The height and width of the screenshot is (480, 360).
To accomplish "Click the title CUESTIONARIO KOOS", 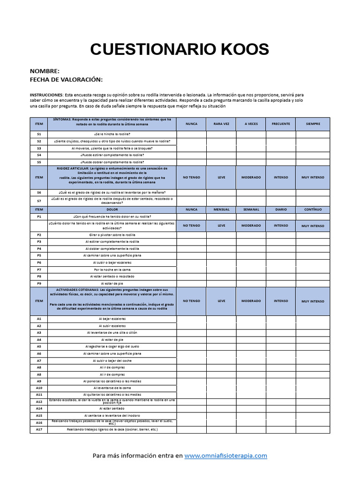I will pos(180,49).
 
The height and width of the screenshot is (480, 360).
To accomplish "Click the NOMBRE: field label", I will pos(45,71).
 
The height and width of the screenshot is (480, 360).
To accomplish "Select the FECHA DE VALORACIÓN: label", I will pos(66,80).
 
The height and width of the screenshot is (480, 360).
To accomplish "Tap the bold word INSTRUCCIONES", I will pos(46,95).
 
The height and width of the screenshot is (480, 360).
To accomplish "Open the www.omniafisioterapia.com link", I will pos(225,455).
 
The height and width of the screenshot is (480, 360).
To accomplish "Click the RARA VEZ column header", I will pos(221,124).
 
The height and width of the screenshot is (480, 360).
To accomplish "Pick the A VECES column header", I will pos(251,124).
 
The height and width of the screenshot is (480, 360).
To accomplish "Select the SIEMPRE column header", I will pos(313,124).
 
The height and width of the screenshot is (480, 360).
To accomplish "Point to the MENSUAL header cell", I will pos(221,210).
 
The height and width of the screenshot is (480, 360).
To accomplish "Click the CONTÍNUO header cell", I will pos(313,210).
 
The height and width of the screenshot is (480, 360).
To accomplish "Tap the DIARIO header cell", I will pos(281,210).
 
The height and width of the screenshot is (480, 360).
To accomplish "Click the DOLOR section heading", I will pos(112,210).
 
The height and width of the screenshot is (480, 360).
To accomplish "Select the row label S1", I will pos(39,134).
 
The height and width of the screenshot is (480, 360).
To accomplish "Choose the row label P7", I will pos(39,270).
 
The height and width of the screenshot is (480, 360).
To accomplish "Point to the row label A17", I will pos(39,429).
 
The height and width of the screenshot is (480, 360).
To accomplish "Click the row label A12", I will pos(39,402).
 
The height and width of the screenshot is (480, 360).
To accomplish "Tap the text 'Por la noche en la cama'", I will pos(112,270).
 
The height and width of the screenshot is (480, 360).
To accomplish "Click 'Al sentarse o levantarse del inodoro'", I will pos(112,415).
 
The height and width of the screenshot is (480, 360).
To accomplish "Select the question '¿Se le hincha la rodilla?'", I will pos(112,134).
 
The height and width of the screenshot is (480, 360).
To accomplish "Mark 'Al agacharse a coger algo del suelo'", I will pos(112,346).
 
